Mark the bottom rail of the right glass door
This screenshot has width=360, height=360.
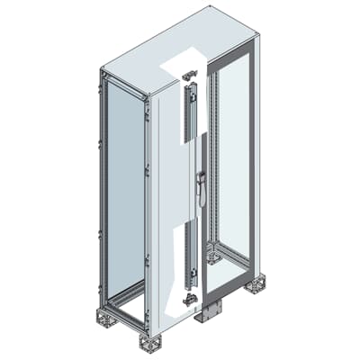point(229,281)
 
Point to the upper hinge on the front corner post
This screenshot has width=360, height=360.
point(148,135)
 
